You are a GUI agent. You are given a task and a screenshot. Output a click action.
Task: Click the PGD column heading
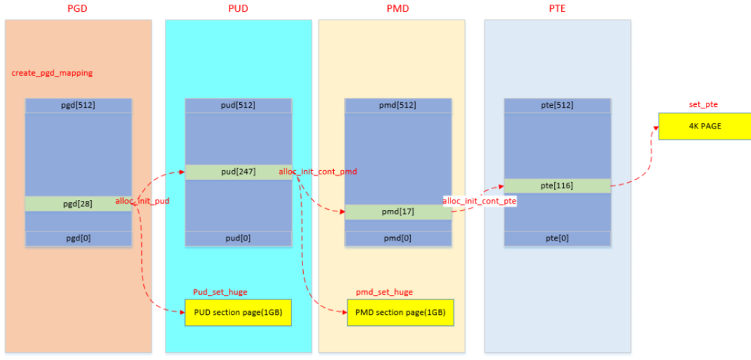pos(78,8)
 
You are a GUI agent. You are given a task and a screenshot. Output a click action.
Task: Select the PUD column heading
pos(238,8)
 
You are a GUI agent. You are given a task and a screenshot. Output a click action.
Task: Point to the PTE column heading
pos(557,8)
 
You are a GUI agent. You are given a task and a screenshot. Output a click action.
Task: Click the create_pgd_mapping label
pos(52,73)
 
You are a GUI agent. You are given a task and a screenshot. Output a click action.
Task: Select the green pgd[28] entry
pos(78,203)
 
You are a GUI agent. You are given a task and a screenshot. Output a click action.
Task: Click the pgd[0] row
pos(78,238)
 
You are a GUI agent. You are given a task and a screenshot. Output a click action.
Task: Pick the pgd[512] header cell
pos(78,106)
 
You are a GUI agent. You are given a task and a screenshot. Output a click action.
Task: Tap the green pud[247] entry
pos(238,172)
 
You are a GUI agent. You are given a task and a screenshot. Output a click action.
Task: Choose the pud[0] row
pos(238,238)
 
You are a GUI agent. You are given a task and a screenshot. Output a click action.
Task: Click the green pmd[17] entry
pos(398,212)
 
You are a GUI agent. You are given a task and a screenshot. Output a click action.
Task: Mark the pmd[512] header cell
pos(398,106)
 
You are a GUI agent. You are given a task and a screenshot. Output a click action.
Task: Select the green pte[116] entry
pos(557,186)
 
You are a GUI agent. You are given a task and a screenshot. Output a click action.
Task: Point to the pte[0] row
pos(557,238)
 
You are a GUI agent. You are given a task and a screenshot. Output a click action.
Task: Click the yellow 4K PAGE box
pos(704,126)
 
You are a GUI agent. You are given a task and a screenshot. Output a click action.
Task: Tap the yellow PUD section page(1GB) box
pos(238,313)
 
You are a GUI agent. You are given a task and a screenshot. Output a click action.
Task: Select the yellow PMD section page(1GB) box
pos(400,313)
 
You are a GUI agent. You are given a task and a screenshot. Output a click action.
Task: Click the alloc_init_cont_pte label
pos(479,201)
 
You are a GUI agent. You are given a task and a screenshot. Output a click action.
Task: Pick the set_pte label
pos(703,105)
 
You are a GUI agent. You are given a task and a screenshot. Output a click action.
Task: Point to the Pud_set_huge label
pos(220,292)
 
